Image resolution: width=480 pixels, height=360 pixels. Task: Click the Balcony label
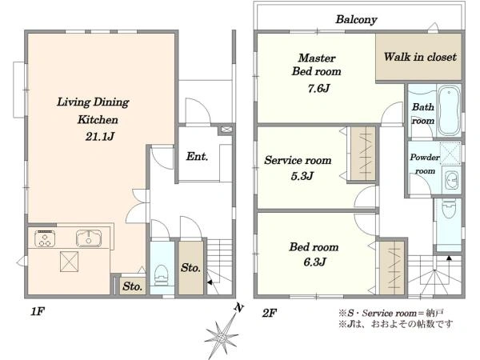(356, 19)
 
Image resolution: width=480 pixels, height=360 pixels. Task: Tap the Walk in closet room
(418, 57)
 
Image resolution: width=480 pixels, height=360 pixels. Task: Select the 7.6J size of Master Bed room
(318, 89)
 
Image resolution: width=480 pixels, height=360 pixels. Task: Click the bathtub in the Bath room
(449, 110)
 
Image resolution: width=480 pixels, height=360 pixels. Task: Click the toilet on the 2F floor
(449, 208)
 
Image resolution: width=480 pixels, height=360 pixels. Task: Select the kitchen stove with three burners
(45, 238)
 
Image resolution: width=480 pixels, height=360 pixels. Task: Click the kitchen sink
(89, 238)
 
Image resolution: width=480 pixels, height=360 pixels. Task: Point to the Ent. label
(197, 157)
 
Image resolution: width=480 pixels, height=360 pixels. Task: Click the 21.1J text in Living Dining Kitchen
(100, 136)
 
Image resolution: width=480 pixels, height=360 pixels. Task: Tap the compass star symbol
(221, 337)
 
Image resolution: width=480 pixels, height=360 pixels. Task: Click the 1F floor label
(38, 312)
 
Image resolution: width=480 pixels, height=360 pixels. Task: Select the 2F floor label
(270, 313)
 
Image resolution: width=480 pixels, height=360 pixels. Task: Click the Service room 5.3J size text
(302, 176)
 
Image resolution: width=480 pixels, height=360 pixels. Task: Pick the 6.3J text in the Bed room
(314, 262)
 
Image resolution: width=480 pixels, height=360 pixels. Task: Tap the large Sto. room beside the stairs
(190, 268)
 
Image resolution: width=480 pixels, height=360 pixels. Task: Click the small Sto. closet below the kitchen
(132, 286)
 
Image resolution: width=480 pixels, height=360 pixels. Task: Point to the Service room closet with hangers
(363, 154)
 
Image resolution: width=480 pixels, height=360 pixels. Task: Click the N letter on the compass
(238, 307)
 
